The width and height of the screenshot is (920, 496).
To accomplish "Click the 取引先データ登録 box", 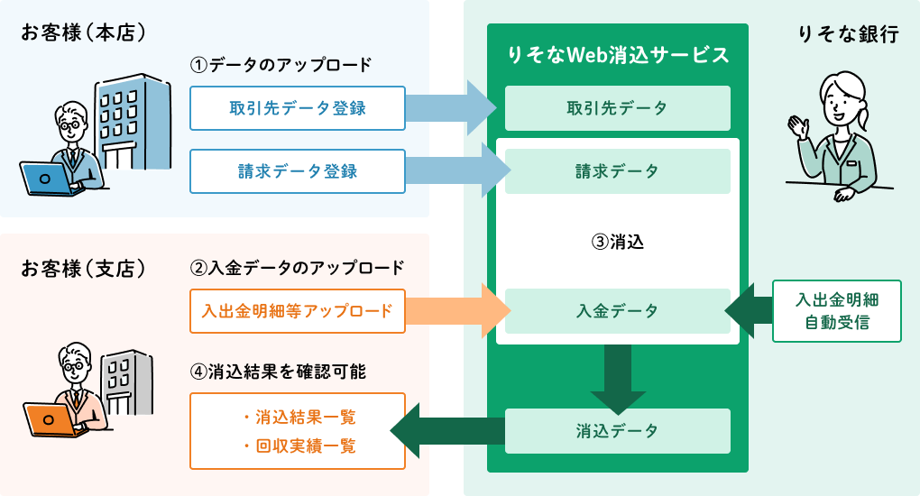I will point(298,108).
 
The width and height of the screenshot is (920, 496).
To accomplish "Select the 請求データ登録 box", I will point(298,171).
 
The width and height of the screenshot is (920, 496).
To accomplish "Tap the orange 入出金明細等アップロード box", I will point(298,311).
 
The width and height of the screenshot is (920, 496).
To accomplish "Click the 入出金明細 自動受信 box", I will point(837,311).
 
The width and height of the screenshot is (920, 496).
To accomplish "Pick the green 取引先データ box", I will point(617,108).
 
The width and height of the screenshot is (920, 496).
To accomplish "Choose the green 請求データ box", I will point(617,171).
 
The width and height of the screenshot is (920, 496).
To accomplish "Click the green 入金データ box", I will point(617,311).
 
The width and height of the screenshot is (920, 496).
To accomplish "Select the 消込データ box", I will point(617,431).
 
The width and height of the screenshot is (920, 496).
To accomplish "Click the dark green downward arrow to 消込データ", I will point(618,379).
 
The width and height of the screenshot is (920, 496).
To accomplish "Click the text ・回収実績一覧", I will point(299,445).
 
